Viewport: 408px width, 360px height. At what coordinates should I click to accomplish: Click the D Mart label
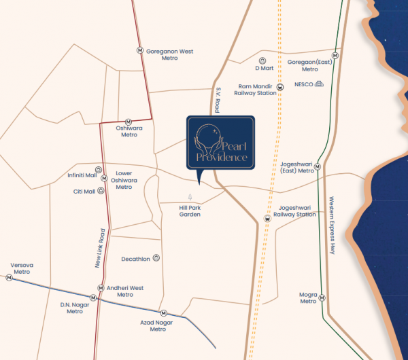(x=263, y=69)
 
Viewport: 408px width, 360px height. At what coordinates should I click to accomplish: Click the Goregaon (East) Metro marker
(x=334, y=55)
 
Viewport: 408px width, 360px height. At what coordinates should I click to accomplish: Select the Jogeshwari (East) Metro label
(x=297, y=167)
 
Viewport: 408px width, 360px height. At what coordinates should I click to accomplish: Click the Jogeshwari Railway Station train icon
(x=267, y=218)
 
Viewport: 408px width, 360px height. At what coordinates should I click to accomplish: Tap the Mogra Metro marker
(x=322, y=298)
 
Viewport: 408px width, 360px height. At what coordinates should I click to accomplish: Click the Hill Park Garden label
(x=190, y=211)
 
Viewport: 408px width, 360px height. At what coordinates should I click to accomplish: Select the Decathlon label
(x=135, y=259)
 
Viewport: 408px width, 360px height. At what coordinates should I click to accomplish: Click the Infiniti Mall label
(x=82, y=175)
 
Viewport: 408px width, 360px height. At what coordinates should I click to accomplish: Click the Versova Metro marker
(x=10, y=277)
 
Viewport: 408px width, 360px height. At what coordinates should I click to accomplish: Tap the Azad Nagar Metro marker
(x=162, y=312)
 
